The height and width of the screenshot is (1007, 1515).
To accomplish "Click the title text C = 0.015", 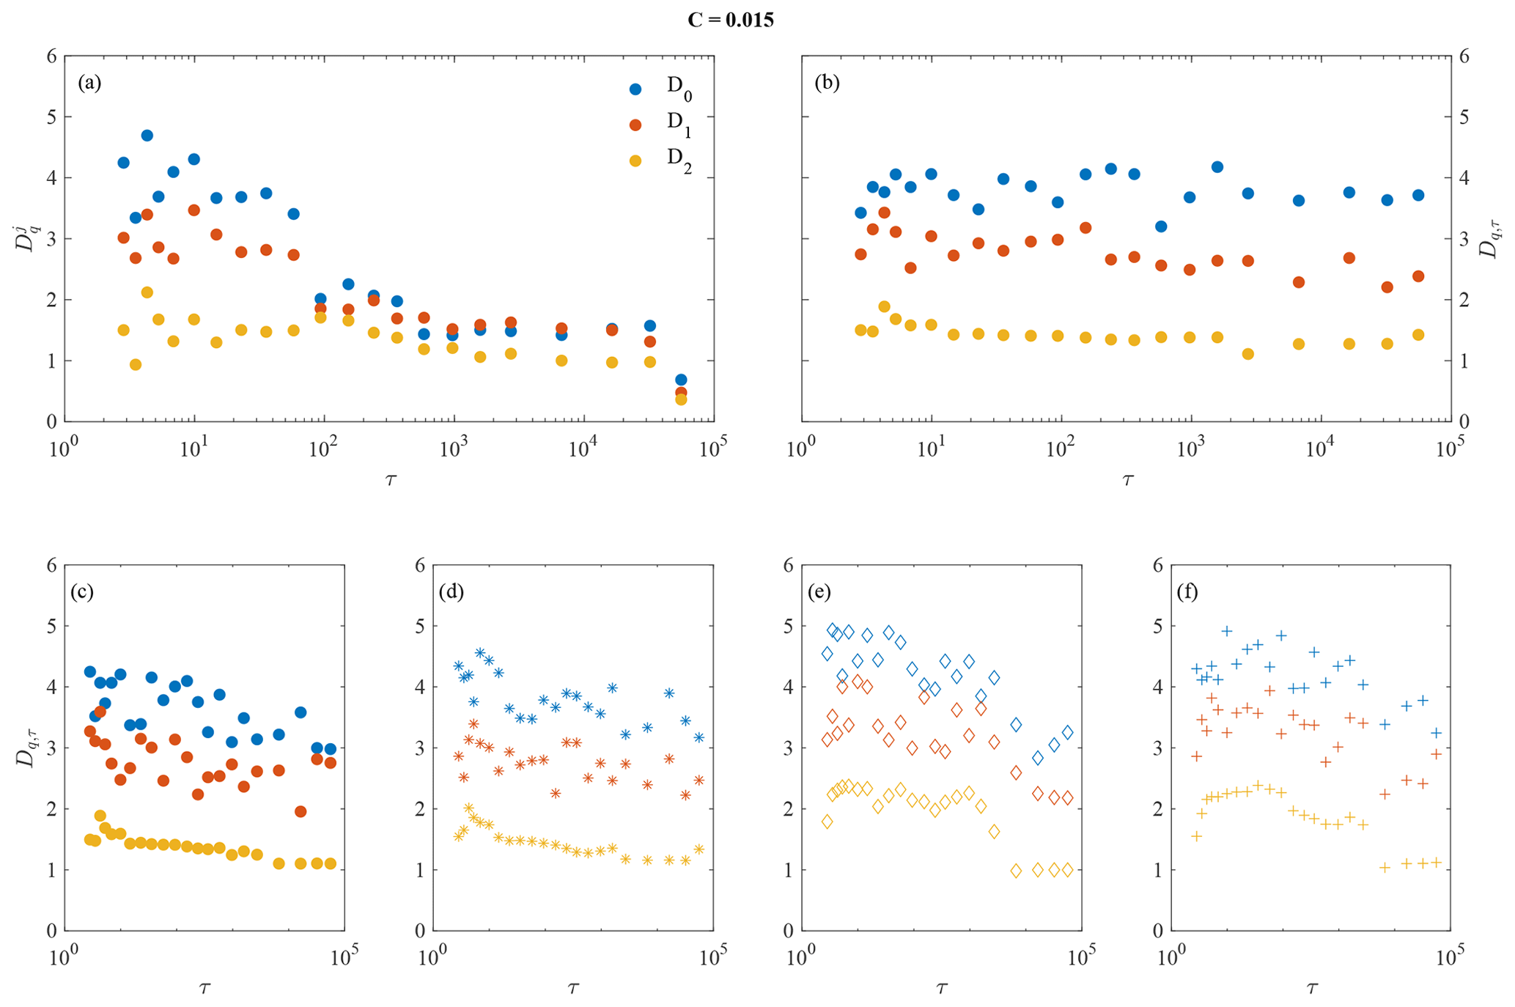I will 730,20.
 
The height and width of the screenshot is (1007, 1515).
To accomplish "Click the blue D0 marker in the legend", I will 635,89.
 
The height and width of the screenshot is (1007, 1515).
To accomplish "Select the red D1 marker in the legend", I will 635,125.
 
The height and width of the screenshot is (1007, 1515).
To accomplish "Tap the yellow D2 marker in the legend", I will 635,161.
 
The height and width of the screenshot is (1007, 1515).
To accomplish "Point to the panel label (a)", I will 89,82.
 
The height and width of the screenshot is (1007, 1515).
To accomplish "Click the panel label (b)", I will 827,82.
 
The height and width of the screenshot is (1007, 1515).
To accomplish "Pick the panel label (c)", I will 82,591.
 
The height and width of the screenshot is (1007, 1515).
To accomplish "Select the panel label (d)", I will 451,591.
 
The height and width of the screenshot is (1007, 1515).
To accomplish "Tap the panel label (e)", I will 819,591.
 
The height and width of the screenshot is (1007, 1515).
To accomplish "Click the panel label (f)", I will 1187,591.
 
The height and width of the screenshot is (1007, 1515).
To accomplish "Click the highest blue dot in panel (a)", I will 147,136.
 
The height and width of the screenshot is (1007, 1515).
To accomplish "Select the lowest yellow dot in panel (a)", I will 681,399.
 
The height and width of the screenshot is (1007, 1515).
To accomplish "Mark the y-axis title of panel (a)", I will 26,238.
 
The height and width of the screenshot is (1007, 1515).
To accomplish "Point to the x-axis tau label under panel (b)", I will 1127,480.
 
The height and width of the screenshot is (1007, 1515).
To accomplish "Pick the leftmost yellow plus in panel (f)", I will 1197,836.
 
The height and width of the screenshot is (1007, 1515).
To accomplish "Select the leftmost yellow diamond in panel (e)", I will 827,822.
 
